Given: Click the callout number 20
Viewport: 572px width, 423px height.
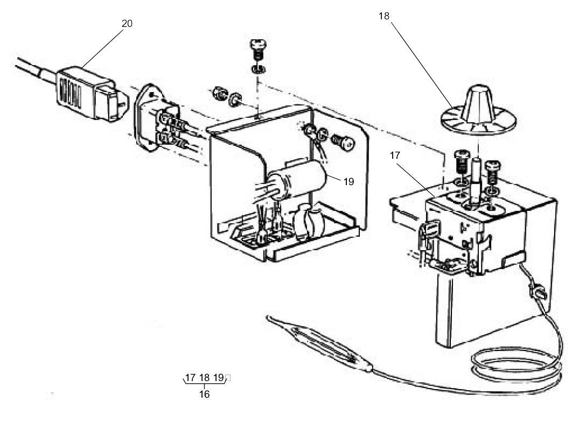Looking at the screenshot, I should pos(127,24).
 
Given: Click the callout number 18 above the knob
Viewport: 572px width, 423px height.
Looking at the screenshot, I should pos(383,16).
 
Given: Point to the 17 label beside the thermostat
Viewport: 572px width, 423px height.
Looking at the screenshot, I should pos(395,155).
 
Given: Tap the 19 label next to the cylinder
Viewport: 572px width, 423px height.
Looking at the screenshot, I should pos(348,181).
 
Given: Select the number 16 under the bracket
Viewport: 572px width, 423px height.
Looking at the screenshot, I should pos(204,394).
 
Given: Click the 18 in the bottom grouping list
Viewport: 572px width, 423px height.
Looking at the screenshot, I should pos(204,377).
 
